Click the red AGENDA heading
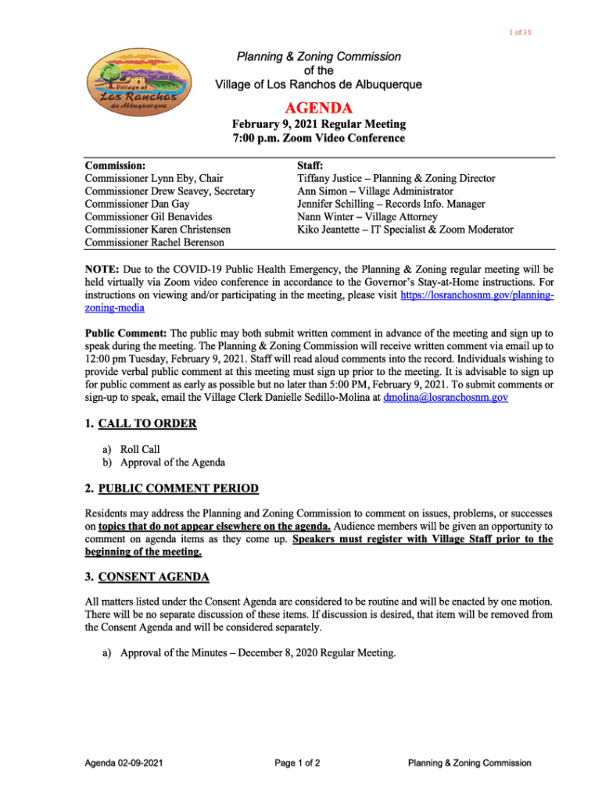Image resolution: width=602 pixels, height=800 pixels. coord(318,108)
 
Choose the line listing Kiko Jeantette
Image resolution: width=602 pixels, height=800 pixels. coord(405,230)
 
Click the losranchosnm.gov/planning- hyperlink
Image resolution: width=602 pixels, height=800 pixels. coord(477,295)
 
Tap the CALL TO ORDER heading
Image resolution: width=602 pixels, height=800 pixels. coord(147,423)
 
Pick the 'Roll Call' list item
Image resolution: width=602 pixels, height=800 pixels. coord(139,449)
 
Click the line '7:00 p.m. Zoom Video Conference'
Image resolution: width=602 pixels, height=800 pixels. coord(318,138)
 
